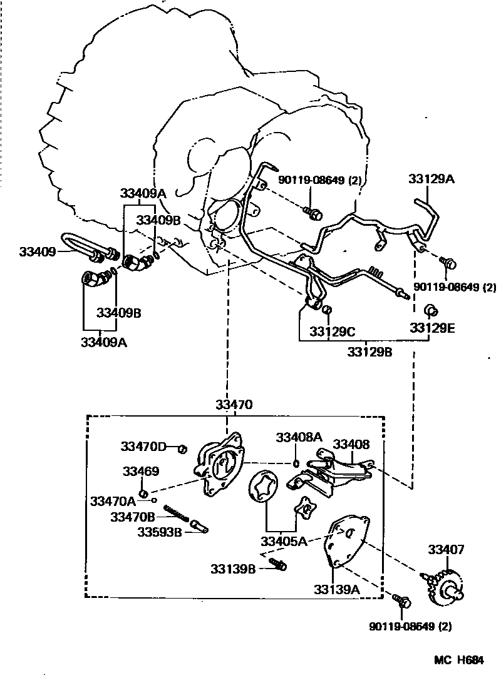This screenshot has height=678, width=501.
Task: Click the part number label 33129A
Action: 431,180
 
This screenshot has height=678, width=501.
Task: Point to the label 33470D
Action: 143,447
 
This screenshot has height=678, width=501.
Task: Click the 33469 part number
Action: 140,472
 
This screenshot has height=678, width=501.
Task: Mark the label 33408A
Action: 299,437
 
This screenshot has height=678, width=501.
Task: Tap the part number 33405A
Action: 284,541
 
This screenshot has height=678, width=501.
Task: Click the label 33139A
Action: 337,589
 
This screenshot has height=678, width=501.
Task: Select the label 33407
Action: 446,550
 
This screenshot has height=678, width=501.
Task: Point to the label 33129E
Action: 432,327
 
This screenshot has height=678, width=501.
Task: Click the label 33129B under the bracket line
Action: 369,352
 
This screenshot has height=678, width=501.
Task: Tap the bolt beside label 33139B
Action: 279,565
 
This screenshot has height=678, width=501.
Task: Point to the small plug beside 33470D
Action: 183,448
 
